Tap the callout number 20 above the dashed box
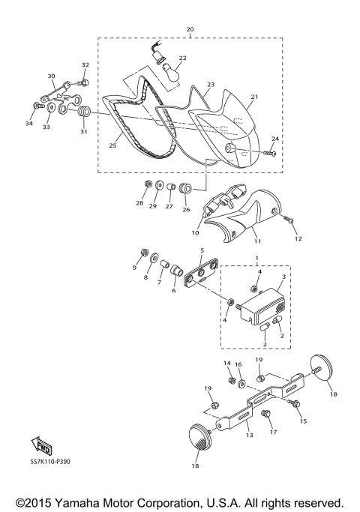190,29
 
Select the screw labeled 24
269,152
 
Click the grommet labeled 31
84,112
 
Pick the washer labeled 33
51,107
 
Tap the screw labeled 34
38,106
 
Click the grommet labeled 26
185,188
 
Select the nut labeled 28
148,184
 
